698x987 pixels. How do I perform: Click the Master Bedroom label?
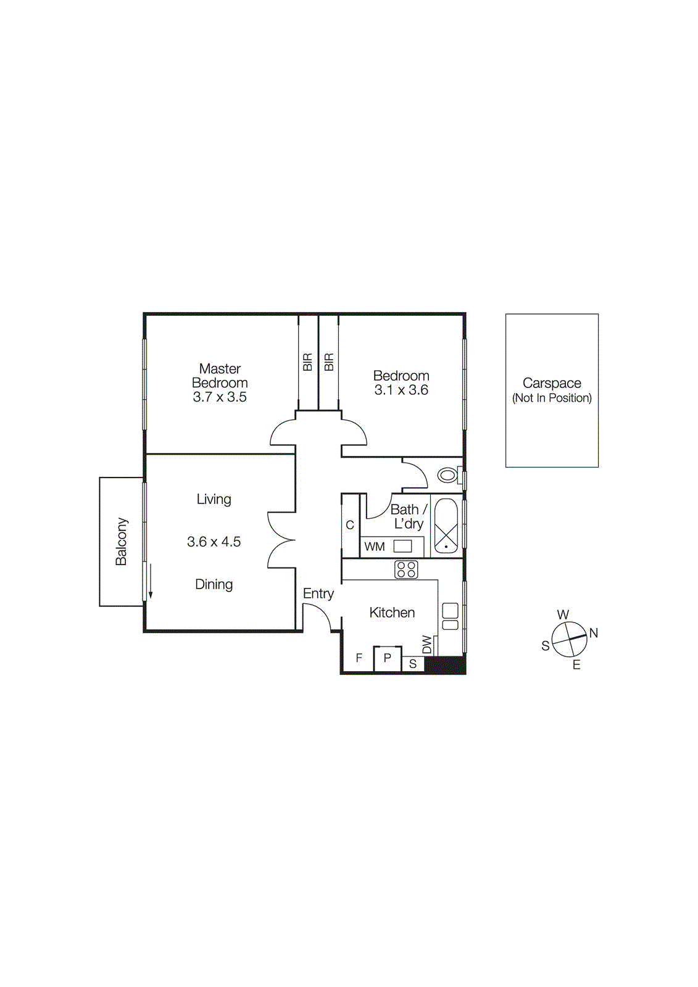[220, 376]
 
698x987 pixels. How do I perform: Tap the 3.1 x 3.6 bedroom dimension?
[401, 390]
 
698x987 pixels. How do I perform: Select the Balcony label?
[121, 542]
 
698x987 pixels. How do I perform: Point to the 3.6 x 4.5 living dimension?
[214, 542]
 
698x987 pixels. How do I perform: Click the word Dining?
[214, 584]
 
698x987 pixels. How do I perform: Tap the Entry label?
[318, 593]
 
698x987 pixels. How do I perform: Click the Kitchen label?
[392, 613]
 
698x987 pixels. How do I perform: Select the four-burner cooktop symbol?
[406, 569]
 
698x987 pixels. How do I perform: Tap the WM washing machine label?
[375, 547]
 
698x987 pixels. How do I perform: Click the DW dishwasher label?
[427, 645]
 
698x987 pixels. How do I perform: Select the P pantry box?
[388, 658]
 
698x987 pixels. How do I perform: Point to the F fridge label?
[359, 658]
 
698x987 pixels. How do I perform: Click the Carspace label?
[552, 383]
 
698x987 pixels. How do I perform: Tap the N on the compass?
[594, 633]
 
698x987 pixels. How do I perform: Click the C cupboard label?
[350, 525]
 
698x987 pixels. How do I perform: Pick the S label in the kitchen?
[413, 664]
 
